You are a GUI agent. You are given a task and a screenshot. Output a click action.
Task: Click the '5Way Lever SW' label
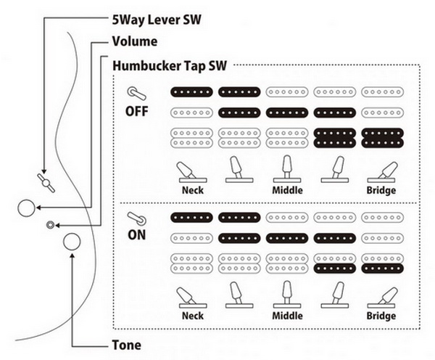pyautogui.click(x=157, y=20)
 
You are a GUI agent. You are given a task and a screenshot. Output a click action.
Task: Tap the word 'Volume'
pyautogui.click(x=135, y=41)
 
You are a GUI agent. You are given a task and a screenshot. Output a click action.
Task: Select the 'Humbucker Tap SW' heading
pyautogui.click(x=170, y=66)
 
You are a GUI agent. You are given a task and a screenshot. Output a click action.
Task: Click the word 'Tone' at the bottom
pyautogui.click(x=126, y=345)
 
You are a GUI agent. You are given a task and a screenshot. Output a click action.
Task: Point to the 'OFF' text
pyautogui.click(x=137, y=111)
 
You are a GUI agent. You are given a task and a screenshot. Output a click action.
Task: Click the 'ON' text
pyautogui.click(x=136, y=235)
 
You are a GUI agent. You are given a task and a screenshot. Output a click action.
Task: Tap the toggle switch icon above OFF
pyautogui.click(x=136, y=94)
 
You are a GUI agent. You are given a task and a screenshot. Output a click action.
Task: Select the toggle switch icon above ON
pyautogui.click(x=136, y=218)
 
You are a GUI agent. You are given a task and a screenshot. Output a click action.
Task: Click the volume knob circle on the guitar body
pyautogui.click(x=26, y=208)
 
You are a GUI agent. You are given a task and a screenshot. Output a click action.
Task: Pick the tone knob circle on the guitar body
pyautogui.click(x=72, y=242)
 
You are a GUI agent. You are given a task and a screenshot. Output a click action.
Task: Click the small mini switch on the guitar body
pyautogui.click(x=50, y=225)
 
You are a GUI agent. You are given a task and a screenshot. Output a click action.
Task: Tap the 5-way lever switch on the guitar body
pyautogui.click(x=46, y=183)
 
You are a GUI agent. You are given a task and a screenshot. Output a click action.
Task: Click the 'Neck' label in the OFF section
pyautogui.click(x=193, y=190)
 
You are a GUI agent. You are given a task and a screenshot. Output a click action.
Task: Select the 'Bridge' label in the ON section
pyautogui.click(x=381, y=316)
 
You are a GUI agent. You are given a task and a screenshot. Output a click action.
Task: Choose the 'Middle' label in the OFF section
pyautogui.click(x=287, y=190)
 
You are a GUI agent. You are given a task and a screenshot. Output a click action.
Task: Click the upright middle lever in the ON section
pyautogui.click(x=287, y=295)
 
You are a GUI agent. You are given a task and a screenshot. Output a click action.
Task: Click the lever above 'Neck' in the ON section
pyautogui.click(x=191, y=298)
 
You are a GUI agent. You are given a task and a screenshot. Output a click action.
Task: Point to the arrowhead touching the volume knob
pyautogui.click(x=39, y=208)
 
